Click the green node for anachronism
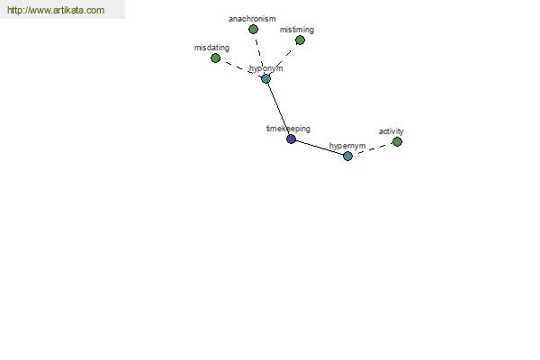pyautogui.click(x=253, y=30)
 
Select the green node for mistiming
pyautogui.click(x=300, y=40)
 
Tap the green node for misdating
pyautogui.click(x=216, y=58)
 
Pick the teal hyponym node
pyautogui.click(x=265, y=79)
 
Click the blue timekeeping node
pyautogui.click(x=291, y=139)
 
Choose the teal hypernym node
pyautogui.click(x=347, y=157)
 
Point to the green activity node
pyautogui.click(x=397, y=142)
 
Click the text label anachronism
pyautogui.click(x=252, y=19)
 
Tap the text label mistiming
pyautogui.click(x=297, y=30)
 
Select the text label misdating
pyautogui.click(x=211, y=48)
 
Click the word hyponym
pyautogui.click(x=265, y=69)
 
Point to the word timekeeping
pyautogui.click(x=288, y=130)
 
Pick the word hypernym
pyautogui.click(x=347, y=147)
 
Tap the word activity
pyautogui.click(x=391, y=131)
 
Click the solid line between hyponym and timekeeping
pyautogui.click(x=278, y=109)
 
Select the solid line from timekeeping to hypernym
pyautogui.click(x=319, y=148)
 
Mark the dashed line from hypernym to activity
pyautogui.click(x=373, y=149)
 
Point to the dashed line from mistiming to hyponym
pyautogui.click(x=283, y=59)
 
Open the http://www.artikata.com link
pyautogui.click(x=56, y=10)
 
